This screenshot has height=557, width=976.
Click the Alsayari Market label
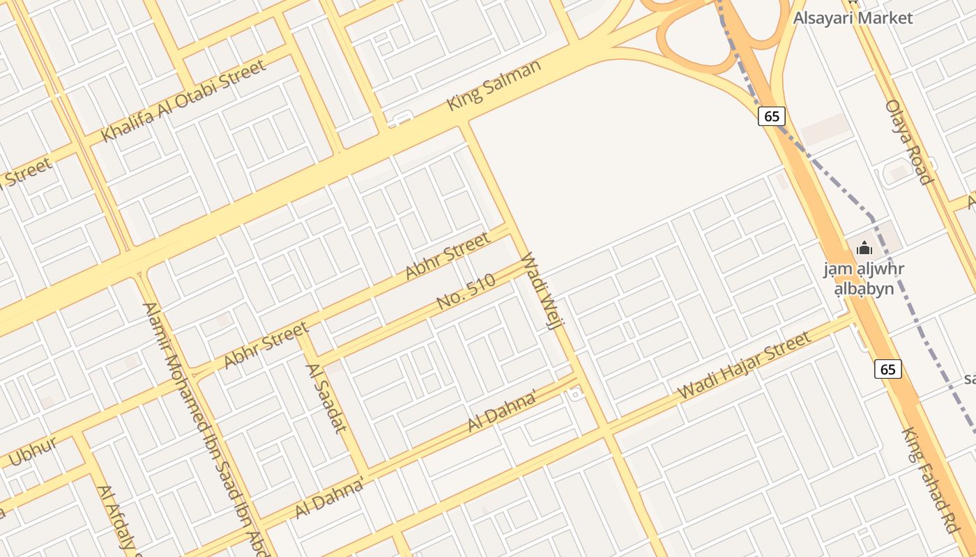tap(853, 17)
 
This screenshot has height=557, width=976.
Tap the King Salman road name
tap(494, 85)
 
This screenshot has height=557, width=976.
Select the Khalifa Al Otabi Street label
tap(184, 100)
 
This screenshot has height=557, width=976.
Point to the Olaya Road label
tap(908, 142)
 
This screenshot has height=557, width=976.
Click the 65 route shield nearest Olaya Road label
tap(772, 116)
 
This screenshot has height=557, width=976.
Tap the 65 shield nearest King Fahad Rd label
tap(887, 369)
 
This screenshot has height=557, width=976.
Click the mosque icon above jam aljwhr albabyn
tap(864, 248)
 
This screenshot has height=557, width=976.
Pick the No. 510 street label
tap(466, 292)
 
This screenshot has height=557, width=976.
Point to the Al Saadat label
tap(326, 398)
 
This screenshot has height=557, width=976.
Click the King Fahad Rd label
tap(930, 480)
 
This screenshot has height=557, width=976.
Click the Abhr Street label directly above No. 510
tap(448, 256)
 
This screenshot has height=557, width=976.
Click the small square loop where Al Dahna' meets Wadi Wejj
tap(574, 395)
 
